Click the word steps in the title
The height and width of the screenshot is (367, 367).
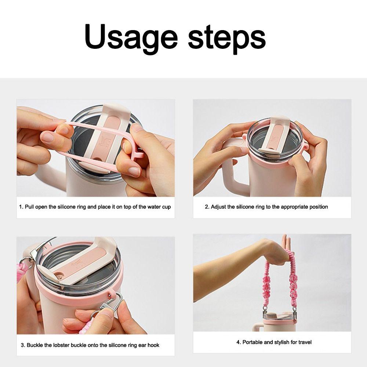pyautogui.click(x=227, y=37)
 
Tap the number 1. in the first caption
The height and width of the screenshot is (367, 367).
pyautogui.click(x=21, y=207)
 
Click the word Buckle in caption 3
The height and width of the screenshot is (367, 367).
pyautogui.click(x=35, y=345)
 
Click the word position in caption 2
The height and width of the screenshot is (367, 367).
pyautogui.click(x=315, y=207)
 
